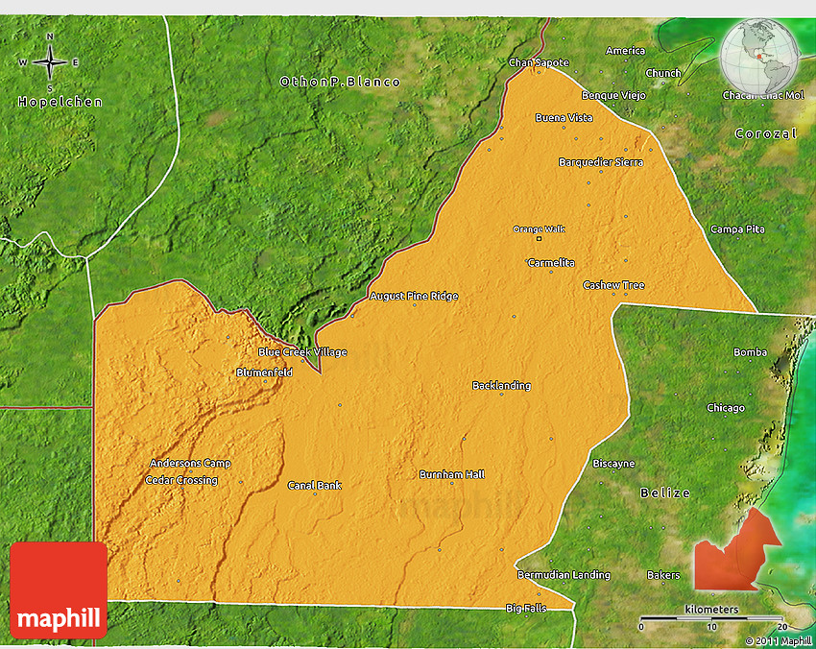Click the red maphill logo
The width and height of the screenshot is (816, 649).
(x=59, y=590)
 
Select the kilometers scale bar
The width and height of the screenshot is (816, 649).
(x=711, y=617)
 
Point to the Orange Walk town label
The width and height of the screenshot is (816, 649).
(x=539, y=229)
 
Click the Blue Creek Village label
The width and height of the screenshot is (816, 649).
(x=302, y=352)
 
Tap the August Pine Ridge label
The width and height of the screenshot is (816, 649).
(x=414, y=297)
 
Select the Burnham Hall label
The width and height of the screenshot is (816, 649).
(x=452, y=474)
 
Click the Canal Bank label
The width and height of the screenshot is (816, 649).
(x=315, y=485)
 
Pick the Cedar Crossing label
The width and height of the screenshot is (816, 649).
(x=181, y=480)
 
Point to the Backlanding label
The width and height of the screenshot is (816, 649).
(x=501, y=386)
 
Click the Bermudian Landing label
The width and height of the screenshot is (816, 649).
(x=564, y=575)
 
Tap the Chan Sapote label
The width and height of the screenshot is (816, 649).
(x=539, y=62)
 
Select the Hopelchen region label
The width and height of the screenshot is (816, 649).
(x=60, y=102)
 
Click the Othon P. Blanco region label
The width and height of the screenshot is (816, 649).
(x=340, y=82)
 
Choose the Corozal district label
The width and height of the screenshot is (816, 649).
(x=765, y=133)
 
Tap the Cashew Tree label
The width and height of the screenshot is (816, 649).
(x=613, y=285)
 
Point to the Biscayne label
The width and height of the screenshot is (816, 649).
(x=613, y=463)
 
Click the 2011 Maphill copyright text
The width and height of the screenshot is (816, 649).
(x=778, y=640)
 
